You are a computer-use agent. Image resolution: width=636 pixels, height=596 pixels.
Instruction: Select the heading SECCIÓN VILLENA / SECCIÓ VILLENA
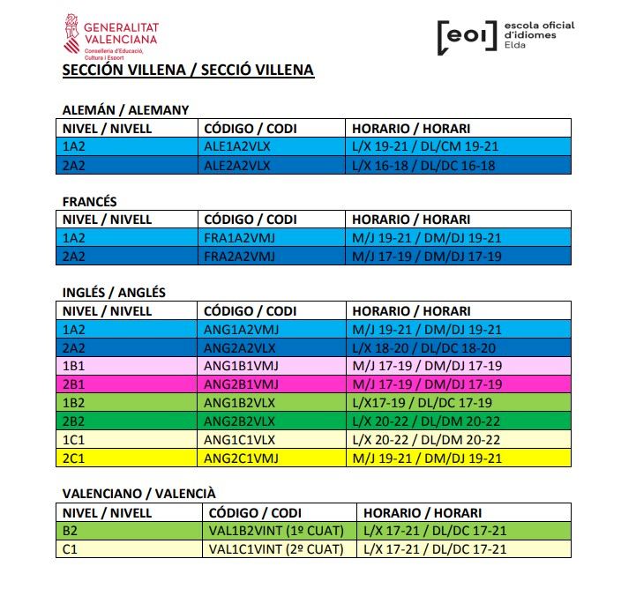pyautogui.click(x=188, y=70)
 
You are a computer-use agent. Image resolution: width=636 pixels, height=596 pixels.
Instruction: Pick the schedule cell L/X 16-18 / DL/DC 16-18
pyautogui.click(x=424, y=165)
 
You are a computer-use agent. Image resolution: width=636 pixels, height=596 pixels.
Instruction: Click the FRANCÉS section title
pyautogui.click(x=89, y=202)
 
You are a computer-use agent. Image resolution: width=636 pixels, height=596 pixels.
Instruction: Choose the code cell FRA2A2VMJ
pyautogui.click(x=239, y=257)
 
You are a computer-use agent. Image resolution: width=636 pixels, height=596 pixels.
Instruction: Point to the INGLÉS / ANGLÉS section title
pyautogui.click(x=114, y=293)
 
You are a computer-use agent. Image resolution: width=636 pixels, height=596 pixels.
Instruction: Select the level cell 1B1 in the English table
pyautogui.click(x=74, y=366)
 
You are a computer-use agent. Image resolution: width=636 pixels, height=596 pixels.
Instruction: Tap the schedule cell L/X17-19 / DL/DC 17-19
pyautogui.click(x=422, y=403)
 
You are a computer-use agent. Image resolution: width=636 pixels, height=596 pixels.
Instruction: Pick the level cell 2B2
pyautogui.click(x=74, y=421)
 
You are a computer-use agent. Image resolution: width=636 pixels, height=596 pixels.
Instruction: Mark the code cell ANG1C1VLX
pyautogui.click(x=238, y=440)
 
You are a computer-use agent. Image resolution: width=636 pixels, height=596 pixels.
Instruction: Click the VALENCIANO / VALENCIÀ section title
pyautogui.click(x=138, y=494)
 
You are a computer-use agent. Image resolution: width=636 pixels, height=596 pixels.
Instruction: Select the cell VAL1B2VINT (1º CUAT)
pyautogui.click(x=275, y=531)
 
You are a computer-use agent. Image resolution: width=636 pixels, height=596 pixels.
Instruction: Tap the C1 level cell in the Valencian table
pyautogui.click(x=70, y=549)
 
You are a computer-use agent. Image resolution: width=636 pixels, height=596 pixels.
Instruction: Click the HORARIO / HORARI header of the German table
pyautogui.click(x=411, y=129)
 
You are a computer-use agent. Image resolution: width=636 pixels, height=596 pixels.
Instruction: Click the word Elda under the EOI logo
pyautogui.click(x=515, y=46)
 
